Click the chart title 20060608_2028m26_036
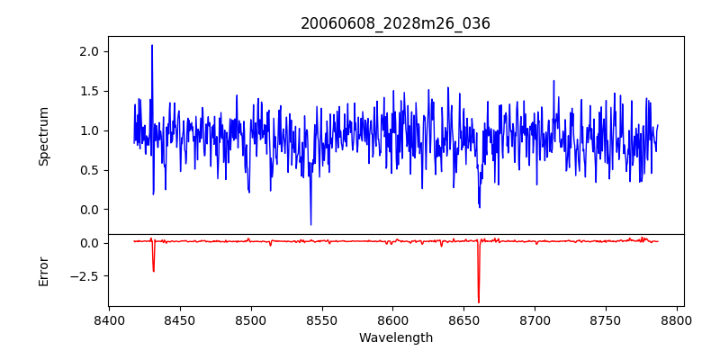coord(396,24)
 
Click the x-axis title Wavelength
coord(396,337)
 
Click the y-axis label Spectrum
coord(44,136)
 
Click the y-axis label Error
coord(44,270)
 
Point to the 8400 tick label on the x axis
coord(109,319)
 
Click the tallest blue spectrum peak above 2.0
coord(152,45)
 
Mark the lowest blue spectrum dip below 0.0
coord(310,225)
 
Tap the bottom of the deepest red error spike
coord(479,302)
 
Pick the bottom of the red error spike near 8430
coord(154,272)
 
